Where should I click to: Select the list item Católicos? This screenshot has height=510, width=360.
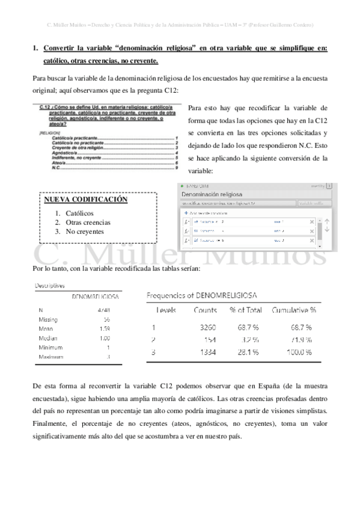pyautogui.click(x=79, y=214)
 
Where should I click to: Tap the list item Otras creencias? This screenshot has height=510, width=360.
pyautogui.click(x=88, y=223)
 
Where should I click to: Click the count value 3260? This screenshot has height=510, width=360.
pyautogui.click(x=207, y=328)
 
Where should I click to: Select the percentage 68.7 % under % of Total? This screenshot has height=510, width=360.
pyautogui.click(x=248, y=328)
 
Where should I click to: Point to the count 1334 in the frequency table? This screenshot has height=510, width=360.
pyautogui.click(x=207, y=352)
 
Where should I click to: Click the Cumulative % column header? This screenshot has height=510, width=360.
pyautogui.click(x=294, y=310)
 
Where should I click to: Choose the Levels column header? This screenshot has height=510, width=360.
pyautogui.click(x=166, y=310)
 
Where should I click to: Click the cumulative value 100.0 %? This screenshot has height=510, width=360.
pyautogui.click(x=299, y=352)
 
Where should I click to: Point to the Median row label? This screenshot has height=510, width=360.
pyautogui.click(x=47, y=338)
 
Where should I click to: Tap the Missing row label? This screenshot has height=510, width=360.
pyautogui.click(x=48, y=319)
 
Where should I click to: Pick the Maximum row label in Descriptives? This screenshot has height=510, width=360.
pyautogui.click(x=50, y=357)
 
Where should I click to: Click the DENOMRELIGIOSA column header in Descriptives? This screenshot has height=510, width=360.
pyautogui.click(x=95, y=297)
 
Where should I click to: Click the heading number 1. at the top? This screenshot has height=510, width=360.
pyautogui.click(x=35, y=49)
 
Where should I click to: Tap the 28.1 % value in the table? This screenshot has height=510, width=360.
pyautogui.click(x=248, y=352)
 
